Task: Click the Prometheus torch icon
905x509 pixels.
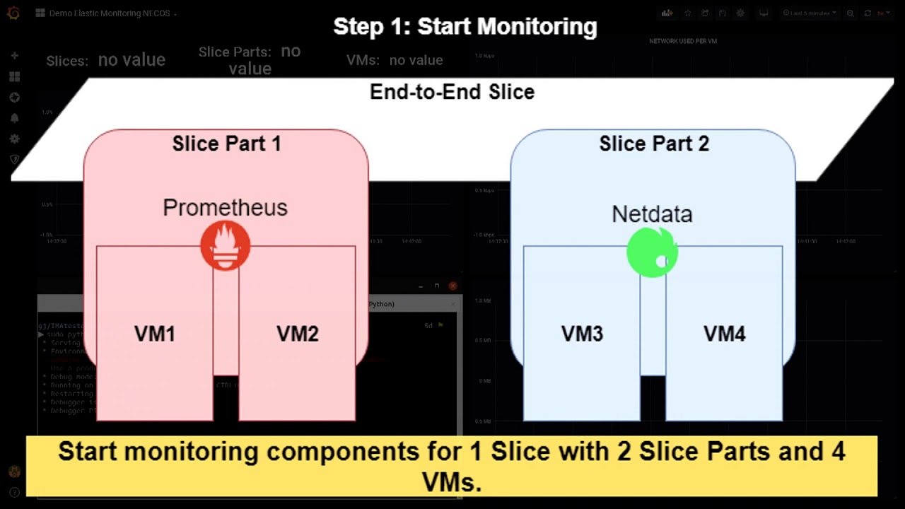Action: (225, 246)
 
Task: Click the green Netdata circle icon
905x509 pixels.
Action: (652, 252)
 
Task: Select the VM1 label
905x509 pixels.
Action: (154, 334)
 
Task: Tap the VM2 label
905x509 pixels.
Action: (297, 334)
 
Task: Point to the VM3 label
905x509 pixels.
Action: (582, 334)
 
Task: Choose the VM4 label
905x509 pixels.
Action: (724, 334)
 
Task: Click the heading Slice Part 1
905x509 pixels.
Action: (226, 144)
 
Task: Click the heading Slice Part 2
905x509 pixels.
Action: (653, 144)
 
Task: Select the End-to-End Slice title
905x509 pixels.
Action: (452, 92)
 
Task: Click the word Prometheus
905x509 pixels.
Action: (225, 207)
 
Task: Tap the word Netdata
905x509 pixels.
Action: (652, 213)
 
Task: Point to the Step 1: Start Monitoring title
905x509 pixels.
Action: (465, 27)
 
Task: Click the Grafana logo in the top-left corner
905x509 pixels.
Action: (13, 13)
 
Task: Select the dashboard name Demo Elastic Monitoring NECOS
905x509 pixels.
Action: (109, 13)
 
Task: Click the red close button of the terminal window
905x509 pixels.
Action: (452, 286)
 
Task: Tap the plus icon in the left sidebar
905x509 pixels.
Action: (14, 55)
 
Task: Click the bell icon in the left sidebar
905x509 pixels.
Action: (14, 118)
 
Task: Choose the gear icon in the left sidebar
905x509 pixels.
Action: (14, 139)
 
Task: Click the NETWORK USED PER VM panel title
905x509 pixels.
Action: (683, 41)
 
